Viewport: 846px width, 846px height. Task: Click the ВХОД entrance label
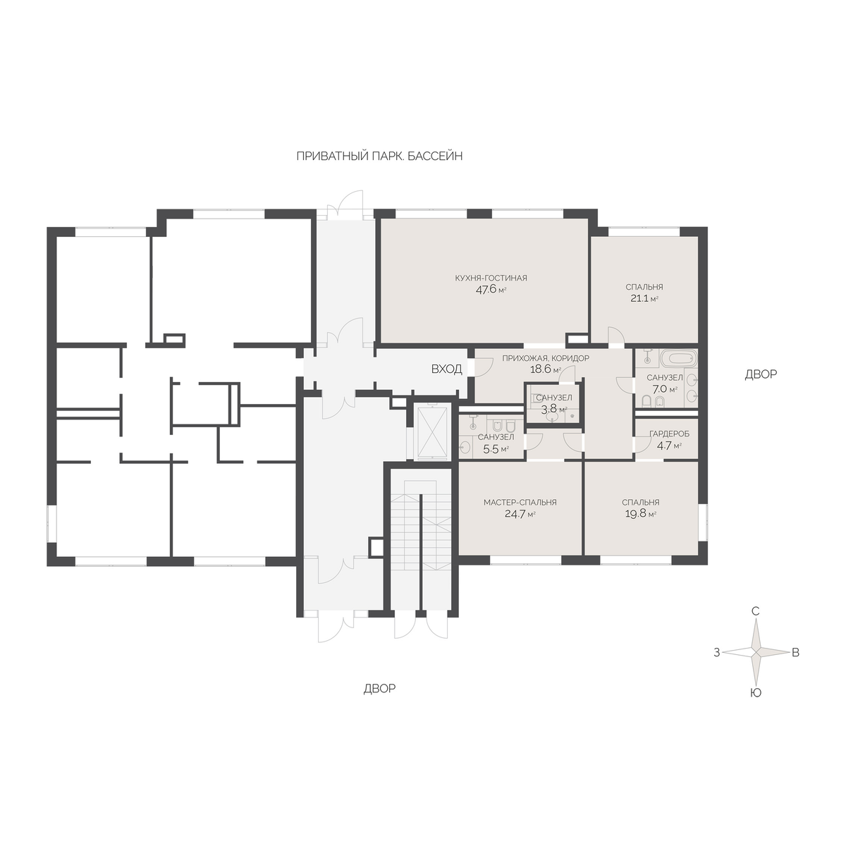pos(446,369)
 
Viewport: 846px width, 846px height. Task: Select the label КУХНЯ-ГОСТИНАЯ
pos(491,278)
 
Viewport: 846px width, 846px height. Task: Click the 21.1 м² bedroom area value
pos(644,298)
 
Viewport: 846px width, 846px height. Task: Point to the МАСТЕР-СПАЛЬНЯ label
pos(520,502)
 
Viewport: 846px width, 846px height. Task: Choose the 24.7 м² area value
pos(520,514)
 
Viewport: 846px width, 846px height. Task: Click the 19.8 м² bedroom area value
pos(641,514)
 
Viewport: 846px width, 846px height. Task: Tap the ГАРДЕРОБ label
pos(669,434)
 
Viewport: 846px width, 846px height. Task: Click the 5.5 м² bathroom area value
pos(496,449)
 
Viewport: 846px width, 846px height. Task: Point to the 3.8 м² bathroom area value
pos(553,409)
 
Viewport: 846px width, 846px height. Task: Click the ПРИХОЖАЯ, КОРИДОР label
pos(546,358)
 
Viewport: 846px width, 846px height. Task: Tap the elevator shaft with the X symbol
pos(432,433)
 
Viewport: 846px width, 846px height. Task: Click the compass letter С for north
pos(755,611)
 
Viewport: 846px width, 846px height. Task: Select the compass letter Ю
pos(755,693)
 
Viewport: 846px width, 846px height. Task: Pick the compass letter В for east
pos(795,652)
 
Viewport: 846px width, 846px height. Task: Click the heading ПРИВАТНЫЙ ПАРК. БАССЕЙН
pos(379,157)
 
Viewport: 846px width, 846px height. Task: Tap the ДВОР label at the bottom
pos(379,689)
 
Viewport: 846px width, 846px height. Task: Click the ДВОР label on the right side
pos(761,374)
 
